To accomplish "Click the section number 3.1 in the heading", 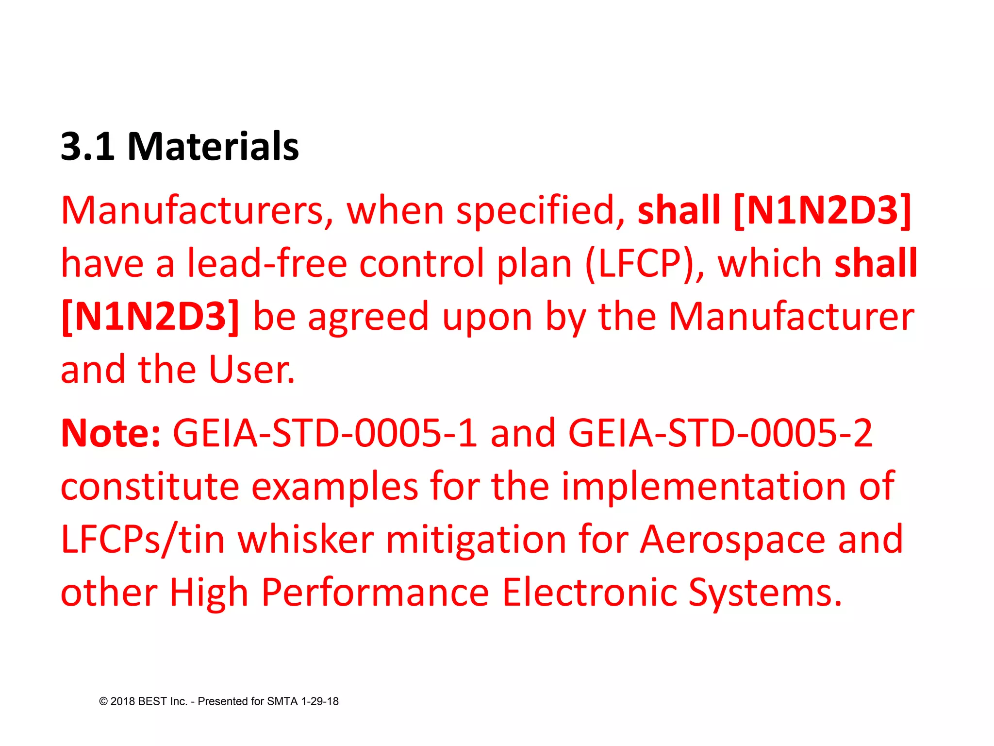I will [87, 146].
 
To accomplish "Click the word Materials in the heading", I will [213, 146].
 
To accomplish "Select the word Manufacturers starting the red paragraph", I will [192, 211].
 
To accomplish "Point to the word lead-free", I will [267, 264].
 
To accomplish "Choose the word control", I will [421, 264].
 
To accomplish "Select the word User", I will [251, 370].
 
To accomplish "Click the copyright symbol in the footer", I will [103, 701].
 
